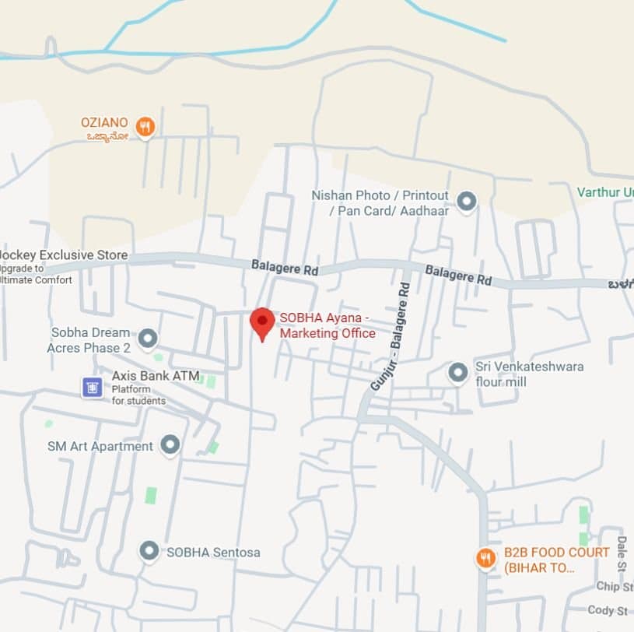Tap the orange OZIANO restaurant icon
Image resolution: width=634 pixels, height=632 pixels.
pyautogui.click(x=145, y=126)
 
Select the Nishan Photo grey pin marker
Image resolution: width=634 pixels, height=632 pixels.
pyautogui.click(x=466, y=202)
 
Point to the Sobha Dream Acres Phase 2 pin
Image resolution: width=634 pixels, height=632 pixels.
pyautogui.click(x=147, y=339)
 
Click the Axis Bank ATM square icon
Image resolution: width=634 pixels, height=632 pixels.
pyautogui.click(x=93, y=387)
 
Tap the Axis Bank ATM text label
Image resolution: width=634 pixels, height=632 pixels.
pyautogui.click(x=156, y=376)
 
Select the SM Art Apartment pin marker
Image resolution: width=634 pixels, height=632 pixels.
pyautogui.click(x=170, y=445)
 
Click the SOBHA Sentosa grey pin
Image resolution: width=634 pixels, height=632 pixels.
pyautogui.click(x=149, y=552)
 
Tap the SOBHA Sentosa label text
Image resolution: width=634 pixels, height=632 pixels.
pyautogui.click(x=213, y=553)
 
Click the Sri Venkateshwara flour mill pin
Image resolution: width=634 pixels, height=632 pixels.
pyautogui.click(x=458, y=373)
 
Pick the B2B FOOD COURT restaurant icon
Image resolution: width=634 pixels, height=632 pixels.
pyautogui.click(x=485, y=558)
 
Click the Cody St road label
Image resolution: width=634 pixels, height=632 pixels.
pyautogui.click(x=608, y=610)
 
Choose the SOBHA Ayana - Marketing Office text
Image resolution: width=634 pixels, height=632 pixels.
pyautogui.click(x=328, y=325)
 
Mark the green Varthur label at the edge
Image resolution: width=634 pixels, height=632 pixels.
pyautogui.click(x=604, y=192)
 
